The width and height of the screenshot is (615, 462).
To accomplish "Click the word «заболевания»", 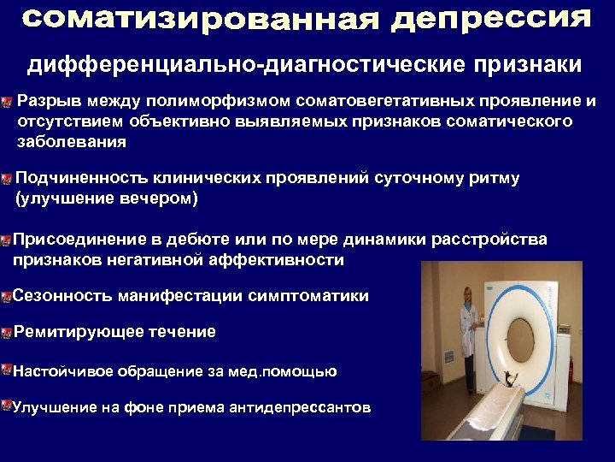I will pos(71,141).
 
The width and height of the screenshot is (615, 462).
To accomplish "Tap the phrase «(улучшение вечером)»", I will pos(106,198).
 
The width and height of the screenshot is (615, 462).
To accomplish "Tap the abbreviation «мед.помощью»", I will pos(291,371).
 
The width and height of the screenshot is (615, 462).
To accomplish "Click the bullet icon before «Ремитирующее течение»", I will pos(6,332).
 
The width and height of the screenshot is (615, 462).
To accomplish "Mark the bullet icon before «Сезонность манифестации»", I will pos(6,297).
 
